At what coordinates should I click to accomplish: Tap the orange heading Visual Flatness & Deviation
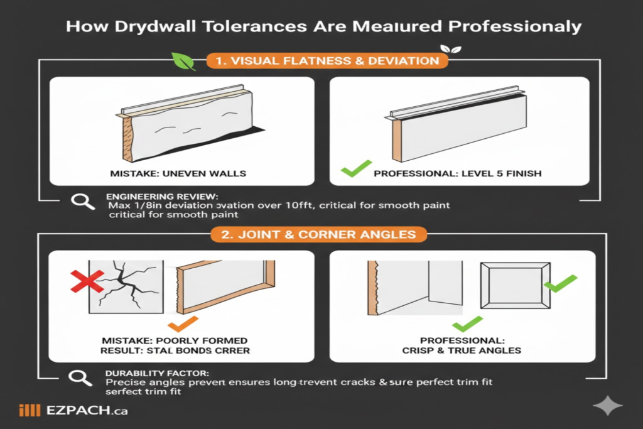coord(327,61)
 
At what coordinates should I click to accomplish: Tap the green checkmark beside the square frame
coord(559,286)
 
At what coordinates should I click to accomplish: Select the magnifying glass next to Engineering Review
coord(80,201)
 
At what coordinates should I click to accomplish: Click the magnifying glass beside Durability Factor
coord(80,377)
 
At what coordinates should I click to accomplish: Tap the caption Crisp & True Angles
coord(462,350)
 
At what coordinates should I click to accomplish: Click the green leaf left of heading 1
coord(181,60)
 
